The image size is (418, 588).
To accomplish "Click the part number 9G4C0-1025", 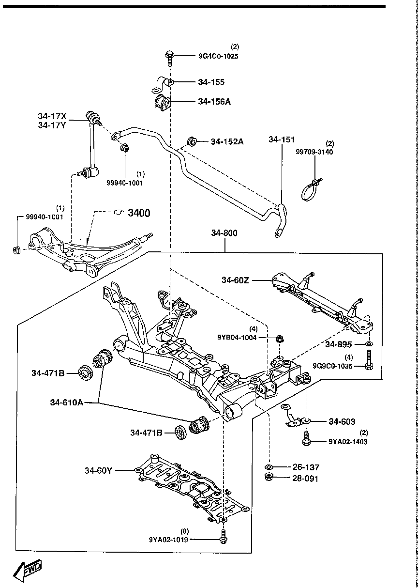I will point(218,56).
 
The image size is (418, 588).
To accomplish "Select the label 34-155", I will point(211,82).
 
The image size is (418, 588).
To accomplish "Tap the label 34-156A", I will point(214,102).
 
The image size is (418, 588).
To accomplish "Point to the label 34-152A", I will point(227,142).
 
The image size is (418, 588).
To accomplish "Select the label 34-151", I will point(282,140).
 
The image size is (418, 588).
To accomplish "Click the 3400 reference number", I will point(139,213).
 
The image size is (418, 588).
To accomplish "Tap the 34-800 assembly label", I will point(224,233).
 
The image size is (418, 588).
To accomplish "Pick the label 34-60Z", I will point(236,280).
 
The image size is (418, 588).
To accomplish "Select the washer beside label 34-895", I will point(368,344).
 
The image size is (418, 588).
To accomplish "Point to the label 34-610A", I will point(67,402).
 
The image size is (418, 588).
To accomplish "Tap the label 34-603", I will point(342,422).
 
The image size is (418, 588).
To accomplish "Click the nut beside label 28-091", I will point(269,478).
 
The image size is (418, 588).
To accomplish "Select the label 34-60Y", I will point(98,470).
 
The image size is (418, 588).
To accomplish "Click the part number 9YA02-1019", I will point(169,539).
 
